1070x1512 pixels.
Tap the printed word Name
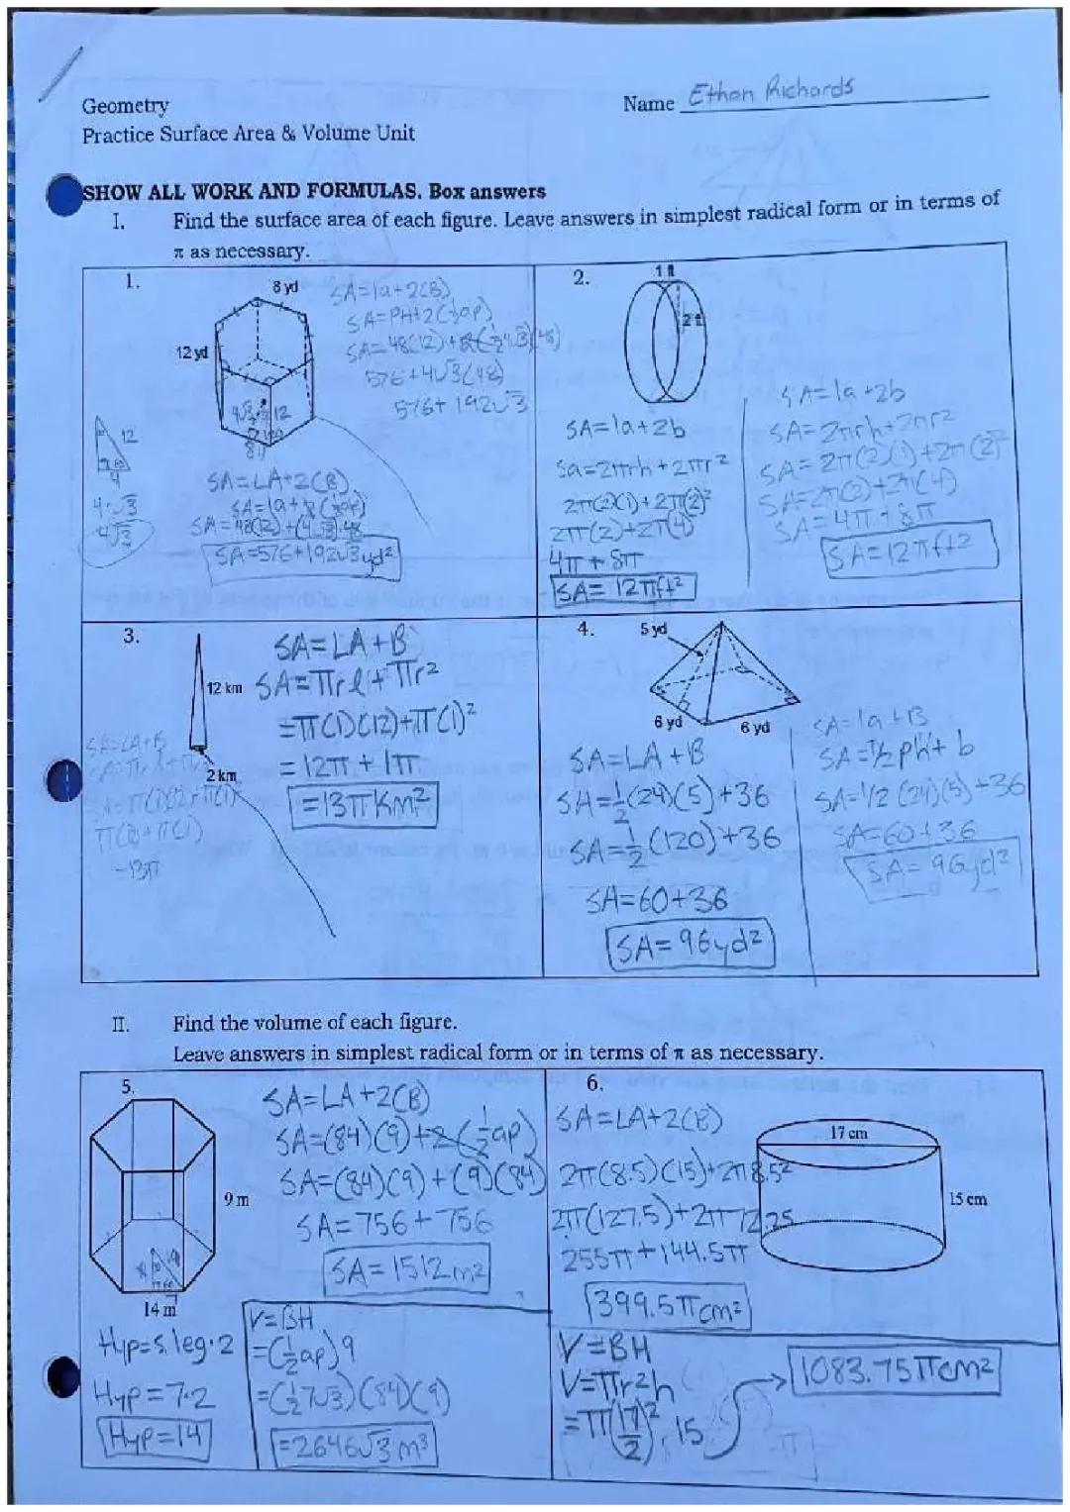pyautogui.click(x=647, y=103)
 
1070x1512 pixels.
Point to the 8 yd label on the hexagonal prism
pyautogui.click(x=284, y=287)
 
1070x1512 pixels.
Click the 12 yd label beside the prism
pyautogui.click(x=192, y=353)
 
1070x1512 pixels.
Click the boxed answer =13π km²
pyautogui.click(x=362, y=805)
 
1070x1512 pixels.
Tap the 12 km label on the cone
pyautogui.click(x=224, y=687)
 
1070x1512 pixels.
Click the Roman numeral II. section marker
pyautogui.click(x=120, y=1023)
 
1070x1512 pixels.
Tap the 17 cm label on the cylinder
pyautogui.click(x=848, y=1132)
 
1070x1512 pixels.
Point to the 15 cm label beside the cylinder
pyautogui.click(x=967, y=1199)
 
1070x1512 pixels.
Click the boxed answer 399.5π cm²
pyautogui.click(x=668, y=1309)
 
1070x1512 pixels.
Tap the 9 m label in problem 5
pyautogui.click(x=236, y=1199)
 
